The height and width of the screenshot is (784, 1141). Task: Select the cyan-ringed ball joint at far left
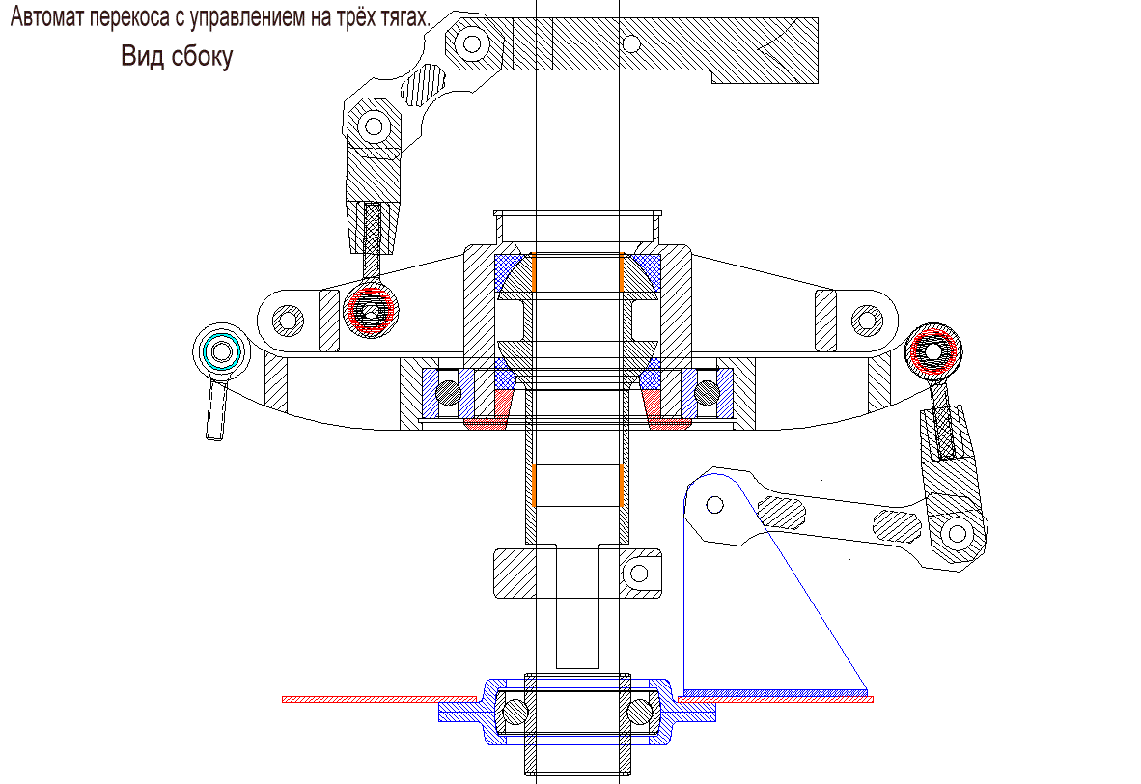pos(223,350)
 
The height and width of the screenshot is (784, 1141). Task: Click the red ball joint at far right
pos(934,350)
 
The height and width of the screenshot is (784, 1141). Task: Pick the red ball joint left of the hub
pos(371,310)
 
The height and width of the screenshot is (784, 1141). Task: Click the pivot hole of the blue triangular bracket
pos(714,503)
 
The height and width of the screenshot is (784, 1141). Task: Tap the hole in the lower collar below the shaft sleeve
pos(639,573)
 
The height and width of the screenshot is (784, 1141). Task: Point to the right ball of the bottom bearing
pos(639,711)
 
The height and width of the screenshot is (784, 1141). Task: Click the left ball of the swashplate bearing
pos(447,392)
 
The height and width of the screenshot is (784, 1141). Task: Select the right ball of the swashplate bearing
pos(708,390)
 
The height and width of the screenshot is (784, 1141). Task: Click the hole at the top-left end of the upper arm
pos(472,42)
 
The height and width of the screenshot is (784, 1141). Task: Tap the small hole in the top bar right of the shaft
pos(630,42)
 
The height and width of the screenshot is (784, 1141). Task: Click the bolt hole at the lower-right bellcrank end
pos(957,532)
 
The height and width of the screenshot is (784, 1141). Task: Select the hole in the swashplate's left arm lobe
pos(286,318)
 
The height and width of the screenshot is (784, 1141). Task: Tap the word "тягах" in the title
pos(398,18)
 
